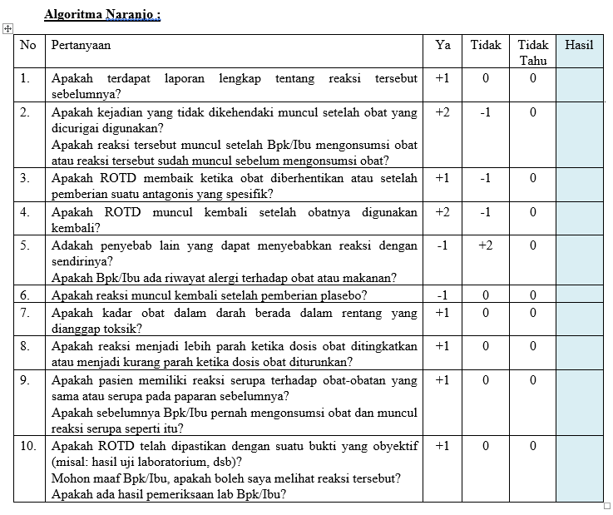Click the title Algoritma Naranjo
click(x=102, y=14)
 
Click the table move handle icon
click(x=7, y=28)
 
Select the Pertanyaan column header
click(x=81, y=45)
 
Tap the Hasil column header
click(x=579, y=45)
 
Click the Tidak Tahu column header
click(x=533, y=52)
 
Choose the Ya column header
click(x=442, y=45)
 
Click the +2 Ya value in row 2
click(x=442, y=111)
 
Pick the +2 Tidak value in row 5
click(x=486, y=245)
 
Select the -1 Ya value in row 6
click(x=442, y=295)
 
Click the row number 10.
click(x=28, y=446)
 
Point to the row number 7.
click(x=25, y=312)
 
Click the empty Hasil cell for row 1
click(x=579, y=86)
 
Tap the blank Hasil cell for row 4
click(x=579, y=219)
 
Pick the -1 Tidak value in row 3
click(x=486, y=178)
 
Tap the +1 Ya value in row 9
click(x=442, y=379)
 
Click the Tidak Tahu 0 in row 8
click(x=533, y=345)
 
